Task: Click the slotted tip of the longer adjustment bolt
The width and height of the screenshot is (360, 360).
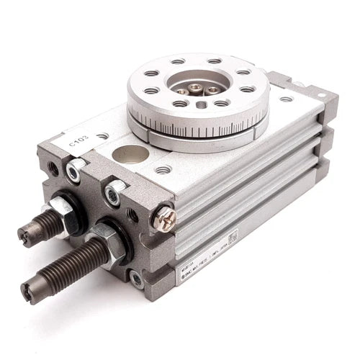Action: (x=28, y=291)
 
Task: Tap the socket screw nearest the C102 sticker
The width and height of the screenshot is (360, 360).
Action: (x=74, y=169)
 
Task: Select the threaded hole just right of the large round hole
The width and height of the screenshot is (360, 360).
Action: (x=164, y=170)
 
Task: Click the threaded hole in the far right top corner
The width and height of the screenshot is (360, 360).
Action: (x=286, y=99)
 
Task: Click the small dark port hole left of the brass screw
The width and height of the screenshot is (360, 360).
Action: (x=133, y=214)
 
